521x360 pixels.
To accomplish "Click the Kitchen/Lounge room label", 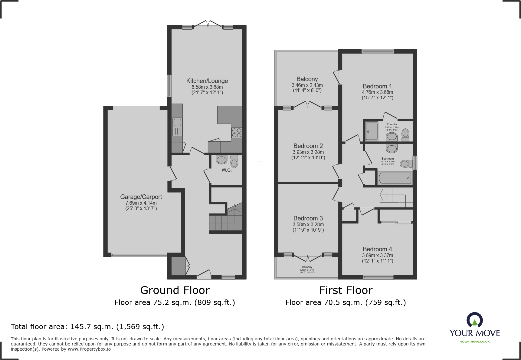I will (207, 81).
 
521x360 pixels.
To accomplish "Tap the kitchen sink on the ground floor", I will (177, 127).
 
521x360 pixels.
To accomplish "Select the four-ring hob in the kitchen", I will (237, 133).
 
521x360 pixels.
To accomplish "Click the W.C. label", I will (226, 170).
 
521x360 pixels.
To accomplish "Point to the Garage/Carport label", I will (141, 197).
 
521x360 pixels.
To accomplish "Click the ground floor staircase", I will (226, 221).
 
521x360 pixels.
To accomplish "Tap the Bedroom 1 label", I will (377, 86).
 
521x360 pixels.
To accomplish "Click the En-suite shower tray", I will (372, 131).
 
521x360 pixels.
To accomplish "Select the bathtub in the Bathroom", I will (395, 178).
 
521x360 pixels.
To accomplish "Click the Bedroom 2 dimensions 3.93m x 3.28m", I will (308, 152).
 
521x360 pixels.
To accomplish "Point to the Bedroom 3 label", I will (308, 218).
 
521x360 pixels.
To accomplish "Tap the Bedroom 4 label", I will (377, 249).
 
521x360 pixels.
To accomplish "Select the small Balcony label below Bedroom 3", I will (307, 267).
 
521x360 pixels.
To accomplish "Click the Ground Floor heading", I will (175, 290).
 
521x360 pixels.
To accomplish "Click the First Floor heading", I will (346, 290).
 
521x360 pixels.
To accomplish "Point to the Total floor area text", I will (87, 327).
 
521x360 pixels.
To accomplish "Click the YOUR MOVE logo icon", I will (474, 320).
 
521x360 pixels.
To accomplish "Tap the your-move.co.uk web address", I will (475, 342).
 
